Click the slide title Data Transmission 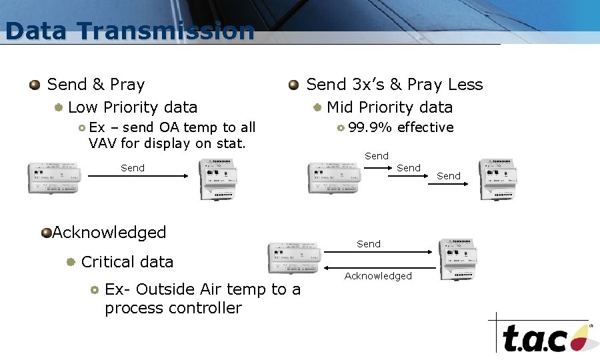coord(130,31)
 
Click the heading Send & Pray coord(96,85)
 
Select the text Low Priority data coord(133,107)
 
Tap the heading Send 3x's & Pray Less coord(394,85)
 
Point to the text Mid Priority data coord(389,107)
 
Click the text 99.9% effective coord(401,127)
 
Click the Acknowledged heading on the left coord(109,233)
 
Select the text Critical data coord(127,262)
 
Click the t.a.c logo coord(543,337)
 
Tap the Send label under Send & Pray coord(133,168)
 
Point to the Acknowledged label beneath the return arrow coord(378,276)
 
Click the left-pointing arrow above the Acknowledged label coord(378,265)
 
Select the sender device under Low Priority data coord(56,178)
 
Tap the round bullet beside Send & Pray coord(35,85)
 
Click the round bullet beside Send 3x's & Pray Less coord(293,85)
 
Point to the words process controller coord(173,308)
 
